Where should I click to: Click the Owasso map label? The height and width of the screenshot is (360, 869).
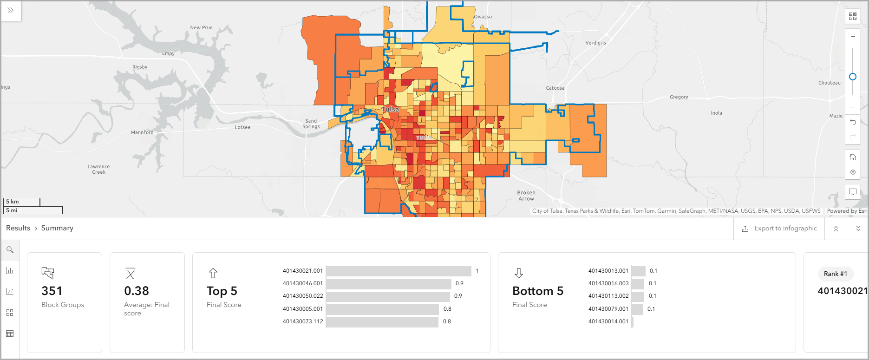coord(483,17)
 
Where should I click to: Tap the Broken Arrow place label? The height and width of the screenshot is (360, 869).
coord(526,196)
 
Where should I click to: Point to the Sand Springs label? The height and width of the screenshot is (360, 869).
coord(311,124)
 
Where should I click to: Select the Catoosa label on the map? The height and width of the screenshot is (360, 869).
coord(555,88)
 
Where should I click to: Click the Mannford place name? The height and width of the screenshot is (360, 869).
coord(142,132)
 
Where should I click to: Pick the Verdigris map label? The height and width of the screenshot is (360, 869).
coord(595,43)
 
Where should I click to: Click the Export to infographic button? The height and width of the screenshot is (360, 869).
coord(779,229)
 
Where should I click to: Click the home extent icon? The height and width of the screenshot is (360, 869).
coord(853,157)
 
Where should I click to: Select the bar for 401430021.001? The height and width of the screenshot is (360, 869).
coord(399,271)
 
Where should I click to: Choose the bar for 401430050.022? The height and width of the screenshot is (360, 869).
coord(388,296)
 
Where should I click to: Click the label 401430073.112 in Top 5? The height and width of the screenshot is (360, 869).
coord(303,321)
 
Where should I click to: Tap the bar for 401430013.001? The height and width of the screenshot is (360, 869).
coord(638,271)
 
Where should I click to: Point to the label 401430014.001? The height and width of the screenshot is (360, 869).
coord(608,321)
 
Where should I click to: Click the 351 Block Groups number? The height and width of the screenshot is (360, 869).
coord(52,291)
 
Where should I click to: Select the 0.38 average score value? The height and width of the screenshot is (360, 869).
coord(137,291)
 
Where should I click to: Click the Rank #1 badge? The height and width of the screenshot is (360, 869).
coord(835,274)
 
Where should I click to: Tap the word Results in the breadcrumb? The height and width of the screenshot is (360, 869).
coord(18,228)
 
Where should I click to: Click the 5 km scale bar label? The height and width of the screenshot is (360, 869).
coord(13,202)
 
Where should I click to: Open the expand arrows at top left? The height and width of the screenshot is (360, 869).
coord(11,10)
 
